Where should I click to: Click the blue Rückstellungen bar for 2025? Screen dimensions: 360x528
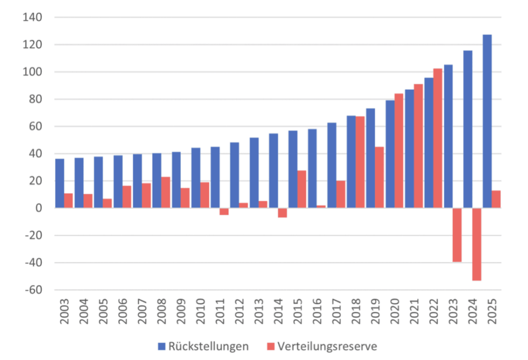(x=487, y=121)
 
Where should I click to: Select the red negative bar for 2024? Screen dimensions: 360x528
(x=476, y=244)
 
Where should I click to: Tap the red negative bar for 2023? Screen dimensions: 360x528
(x=457, y=235)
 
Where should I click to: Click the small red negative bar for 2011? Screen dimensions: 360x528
(x=224, y=211)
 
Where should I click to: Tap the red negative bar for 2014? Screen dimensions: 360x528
(x=282, y=212)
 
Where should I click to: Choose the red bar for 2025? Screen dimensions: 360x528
(x=496, y=199)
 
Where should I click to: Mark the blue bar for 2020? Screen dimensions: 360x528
(x=390, y=154)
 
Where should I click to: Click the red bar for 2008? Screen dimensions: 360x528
(x=166, y=192)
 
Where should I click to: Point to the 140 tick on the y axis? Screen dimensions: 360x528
(x=33, y=18)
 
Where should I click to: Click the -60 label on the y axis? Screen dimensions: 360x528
(x=33, y=290)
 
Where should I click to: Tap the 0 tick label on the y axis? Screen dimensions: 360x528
(x=38, y=208)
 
